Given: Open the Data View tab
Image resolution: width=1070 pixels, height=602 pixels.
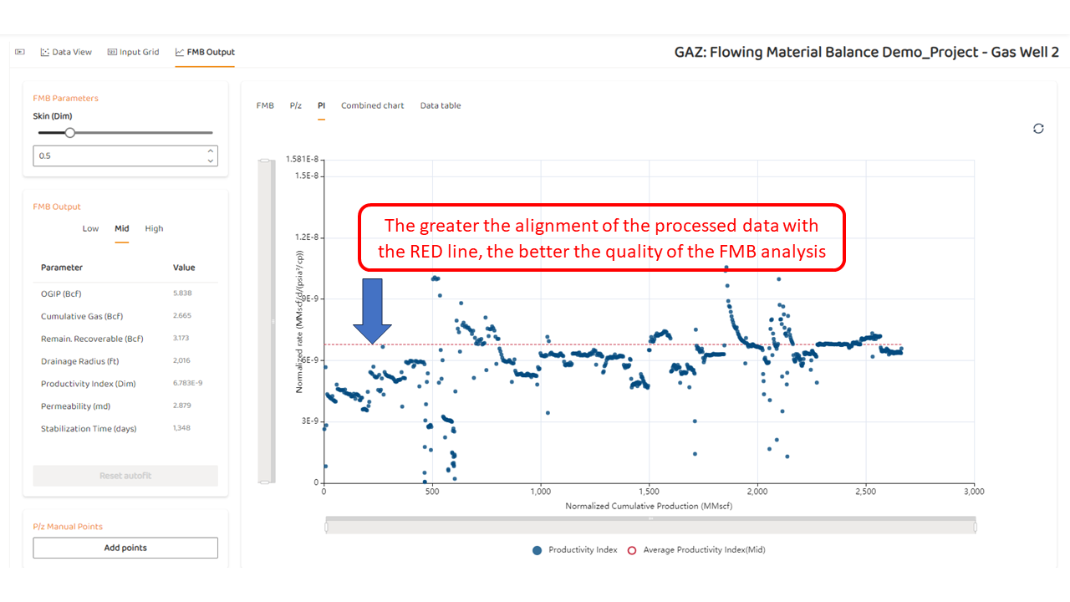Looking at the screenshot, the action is pyautogui.click(x=66, y=52).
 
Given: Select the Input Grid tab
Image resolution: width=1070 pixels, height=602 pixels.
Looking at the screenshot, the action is pyautogui.click(x=133, y=52).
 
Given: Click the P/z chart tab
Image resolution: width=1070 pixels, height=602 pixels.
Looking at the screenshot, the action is pyautogui.click(x=296, y=105).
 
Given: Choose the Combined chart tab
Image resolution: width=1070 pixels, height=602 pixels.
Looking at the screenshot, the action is pyautogui.click(x=372, y=105).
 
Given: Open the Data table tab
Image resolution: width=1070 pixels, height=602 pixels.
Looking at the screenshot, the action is pyautogui.click(x=441, y=105).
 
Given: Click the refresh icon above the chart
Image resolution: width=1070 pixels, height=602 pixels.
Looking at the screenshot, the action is pyautogui.click(x=1038, y=129).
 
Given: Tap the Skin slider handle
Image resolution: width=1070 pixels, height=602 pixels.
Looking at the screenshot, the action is pyautogui.click(x=69, y=133).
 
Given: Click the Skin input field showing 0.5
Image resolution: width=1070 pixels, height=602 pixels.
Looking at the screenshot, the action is pyautogui.click(x=125, y=156).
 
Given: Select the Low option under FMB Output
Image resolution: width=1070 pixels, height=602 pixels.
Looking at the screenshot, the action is pyautogui.click(x=90, y=229).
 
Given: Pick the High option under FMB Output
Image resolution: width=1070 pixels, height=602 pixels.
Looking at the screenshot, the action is pyautogui.click(x=154, y=229).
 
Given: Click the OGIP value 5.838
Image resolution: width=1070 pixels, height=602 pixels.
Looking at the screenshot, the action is pyautogui.click(x=182, y=293).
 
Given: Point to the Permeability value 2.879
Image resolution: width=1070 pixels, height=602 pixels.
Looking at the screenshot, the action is pyautogui.click(x=181, y=406).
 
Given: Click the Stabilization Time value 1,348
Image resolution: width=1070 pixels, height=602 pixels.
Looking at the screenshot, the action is pyautogui.click(x=181, y=428).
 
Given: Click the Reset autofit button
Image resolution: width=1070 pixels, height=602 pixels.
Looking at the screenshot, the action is pyautogui.click(x=125, y=476).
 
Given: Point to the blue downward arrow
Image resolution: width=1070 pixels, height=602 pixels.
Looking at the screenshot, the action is pyautogui.click(x=372, y=311).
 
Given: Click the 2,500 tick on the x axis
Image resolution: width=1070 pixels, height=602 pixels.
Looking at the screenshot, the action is pyautogui.click(x=865, y=492).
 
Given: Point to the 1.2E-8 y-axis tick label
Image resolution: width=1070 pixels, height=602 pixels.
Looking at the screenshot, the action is pyautogui.click(x=306, y=237).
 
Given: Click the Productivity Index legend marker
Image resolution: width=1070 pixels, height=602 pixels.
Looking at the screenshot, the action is pyautogui.click(x=537, y=550).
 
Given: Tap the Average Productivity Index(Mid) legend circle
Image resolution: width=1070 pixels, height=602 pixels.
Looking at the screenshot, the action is pyautogui.click(x=631, y=550).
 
